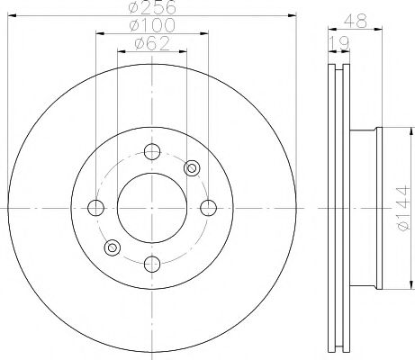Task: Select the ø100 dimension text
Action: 151,25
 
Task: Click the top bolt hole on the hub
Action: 152,151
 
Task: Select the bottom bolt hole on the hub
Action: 152,263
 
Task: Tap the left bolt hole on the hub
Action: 96,207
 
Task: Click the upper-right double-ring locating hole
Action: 191,167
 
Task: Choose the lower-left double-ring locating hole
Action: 113,247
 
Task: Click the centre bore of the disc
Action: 152,207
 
